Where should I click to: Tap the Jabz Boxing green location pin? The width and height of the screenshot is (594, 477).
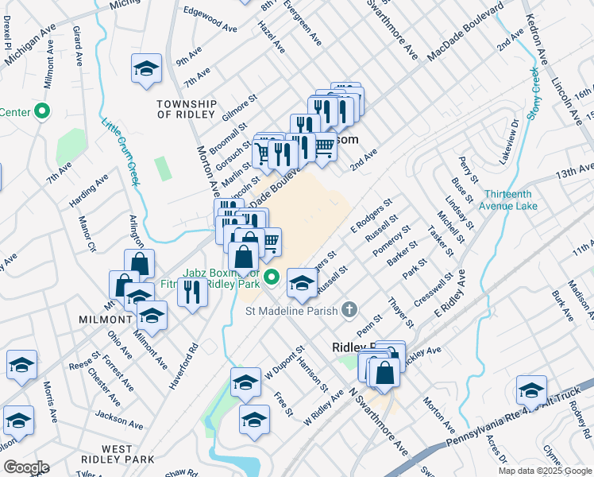[x=272, y=278]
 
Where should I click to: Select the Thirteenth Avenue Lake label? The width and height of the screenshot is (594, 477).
[x=510, y=200]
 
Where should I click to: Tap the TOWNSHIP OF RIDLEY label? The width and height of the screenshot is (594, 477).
[x=187, y=109]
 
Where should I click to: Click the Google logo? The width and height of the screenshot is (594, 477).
[x=25, y=467]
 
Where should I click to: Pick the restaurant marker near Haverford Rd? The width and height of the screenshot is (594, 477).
[x=191, y=292]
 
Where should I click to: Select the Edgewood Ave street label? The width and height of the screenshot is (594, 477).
[x=210, y=20]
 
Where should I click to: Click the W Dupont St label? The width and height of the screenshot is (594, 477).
[x=286, y=359]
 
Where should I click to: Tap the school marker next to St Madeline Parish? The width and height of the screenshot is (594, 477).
[x=301, y=282]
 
